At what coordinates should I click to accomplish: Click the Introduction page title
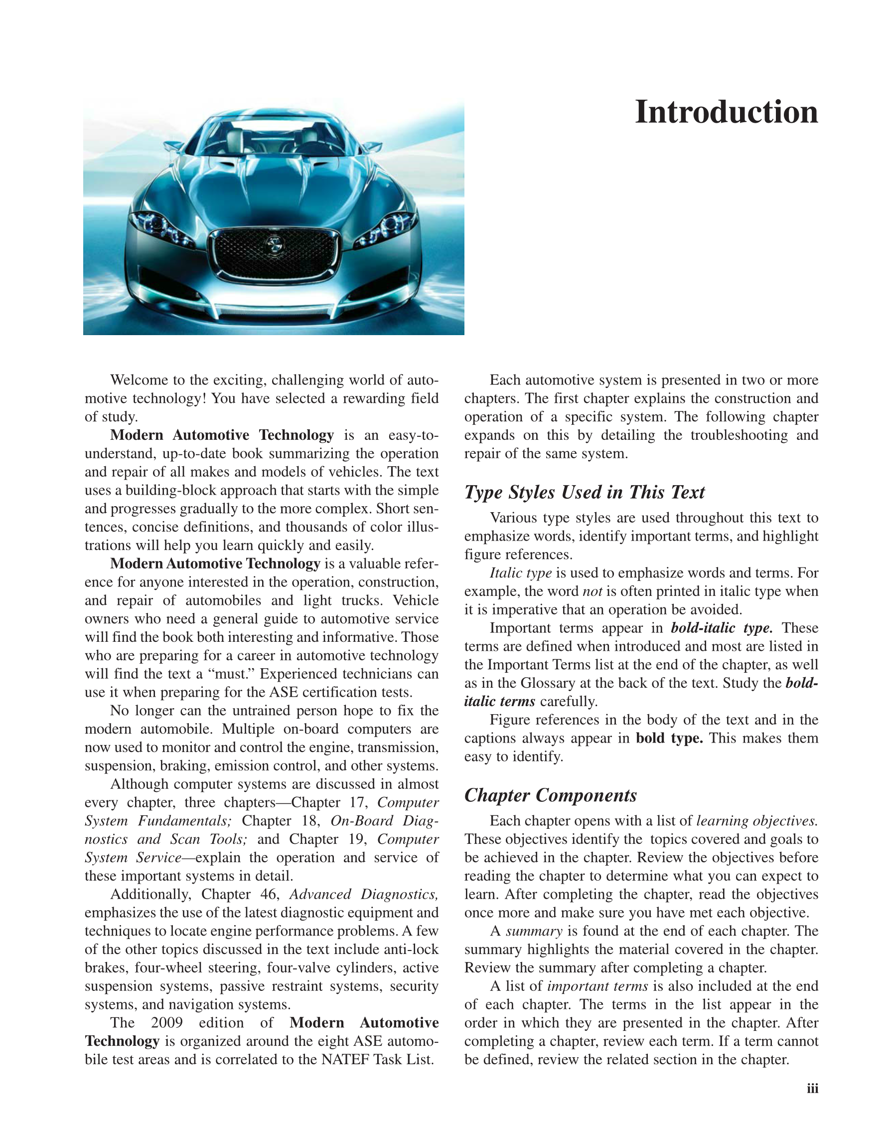click(726, 112)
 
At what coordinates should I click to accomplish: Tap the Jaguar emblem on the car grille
click(273, 244)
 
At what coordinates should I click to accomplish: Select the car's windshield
click(273, 138)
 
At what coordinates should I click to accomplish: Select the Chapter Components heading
click(550, 795)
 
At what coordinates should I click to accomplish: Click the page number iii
click(812, 1089)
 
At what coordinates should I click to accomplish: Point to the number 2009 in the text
click(166, 1022)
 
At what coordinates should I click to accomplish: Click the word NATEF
click(345, 1059)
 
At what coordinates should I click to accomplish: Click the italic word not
click(592, 591)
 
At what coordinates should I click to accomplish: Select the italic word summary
click(534, 931)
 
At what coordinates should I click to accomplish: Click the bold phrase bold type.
click(669, 738)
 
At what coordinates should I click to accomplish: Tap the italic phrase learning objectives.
click(756, 821)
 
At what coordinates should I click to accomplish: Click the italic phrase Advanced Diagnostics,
click(363, 894)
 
